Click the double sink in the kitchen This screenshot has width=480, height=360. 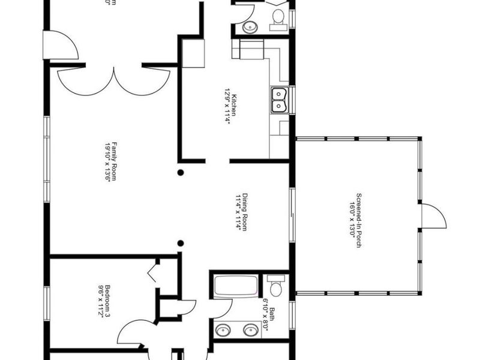(x=279, y=100)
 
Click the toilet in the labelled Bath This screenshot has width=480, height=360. (x=275, y=287)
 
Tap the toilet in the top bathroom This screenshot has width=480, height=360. (x=277, y=18)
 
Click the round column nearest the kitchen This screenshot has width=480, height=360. (x=180, y=173)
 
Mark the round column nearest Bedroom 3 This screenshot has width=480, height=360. (x=180, y=243)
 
